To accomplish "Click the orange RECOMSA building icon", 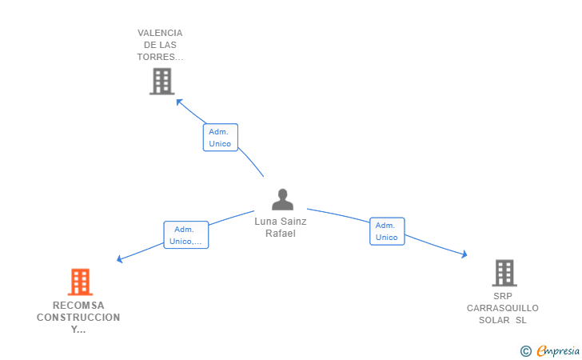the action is pyautogui.click(x=80, y=282).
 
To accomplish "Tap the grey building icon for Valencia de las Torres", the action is pyautogui.click(x=162, y=82).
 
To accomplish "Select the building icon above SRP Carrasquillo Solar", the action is pyautogui.click(x=504, y=273).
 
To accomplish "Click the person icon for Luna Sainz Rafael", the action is pyautogui.click(x=282, y=199).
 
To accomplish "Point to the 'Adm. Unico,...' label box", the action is pyautogui.click(x=186, y=234).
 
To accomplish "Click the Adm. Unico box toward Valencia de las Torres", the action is pyautogui.click(x=221, y=138).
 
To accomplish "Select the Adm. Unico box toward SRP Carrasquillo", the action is pyautogui.click(x=387, y=231).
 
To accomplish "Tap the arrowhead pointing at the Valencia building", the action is pyautogui.click(x=179, y=102).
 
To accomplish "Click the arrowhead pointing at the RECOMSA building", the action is pyautogui.click(x=120, y=258).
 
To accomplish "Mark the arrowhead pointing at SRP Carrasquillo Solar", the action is pyautogui.click(x=464, y=254).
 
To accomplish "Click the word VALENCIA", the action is pyautogui.click(x=160, y=33).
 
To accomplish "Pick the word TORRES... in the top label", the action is pyautogui.click(x=160, y=57).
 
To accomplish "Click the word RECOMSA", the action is pyautogui.click(x=78, y=306).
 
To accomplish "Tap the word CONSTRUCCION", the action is pyautogui.click(x=78, y=318).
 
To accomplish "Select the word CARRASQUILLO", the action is pyautogui.click(x=503, y=308).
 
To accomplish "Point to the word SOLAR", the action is pyautogui.click(x=494, y=320).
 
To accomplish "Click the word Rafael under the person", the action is pyautogui.click(x=281, y=234).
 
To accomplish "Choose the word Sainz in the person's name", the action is pyautogui.click(x=293, y=222).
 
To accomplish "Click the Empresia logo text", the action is pyautogui.click(x=558, y=350).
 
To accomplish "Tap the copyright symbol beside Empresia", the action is pyautogui.click(x=525, y=351).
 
